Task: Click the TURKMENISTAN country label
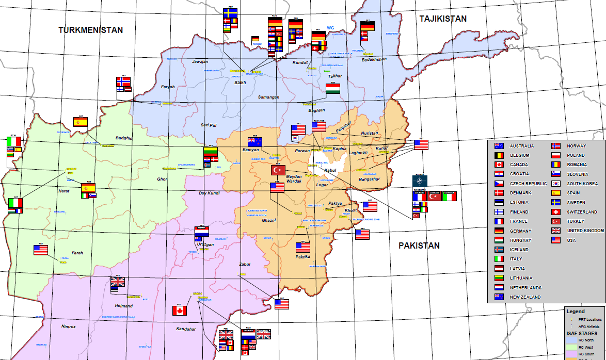pyautogui.click(x=91, y=30)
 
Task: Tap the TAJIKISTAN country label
pyautogui.click(x=442, y=19)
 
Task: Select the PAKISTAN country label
pyautogui.click(x=419, y=246)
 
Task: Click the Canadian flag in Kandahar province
pyautogui.click(x=179, y=310)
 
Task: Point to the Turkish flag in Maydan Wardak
pyautogui.click(x=278, y=170)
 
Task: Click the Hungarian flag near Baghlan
pyautogui.click(x=333, y=89)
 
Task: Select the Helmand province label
pyautogui.click(x=123, y=305)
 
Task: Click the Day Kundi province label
pyautogui.click(x=210, y=193)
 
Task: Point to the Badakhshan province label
pyautogui.click(x=374, y=60)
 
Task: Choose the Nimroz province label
pyautogui.click(x=69, y=326)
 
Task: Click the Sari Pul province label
pyautogui.click(x=208, y=125)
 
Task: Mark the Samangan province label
pyautogui.click(x=268, y=97)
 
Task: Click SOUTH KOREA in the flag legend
pyautogui.click(x=583, y=184)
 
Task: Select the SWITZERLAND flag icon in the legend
pyautogui.click(x=556, y=212)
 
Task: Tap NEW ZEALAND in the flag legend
pyautogui.click(x=525, y=297)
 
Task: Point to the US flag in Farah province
pyautogui.click(x=41, y=250)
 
